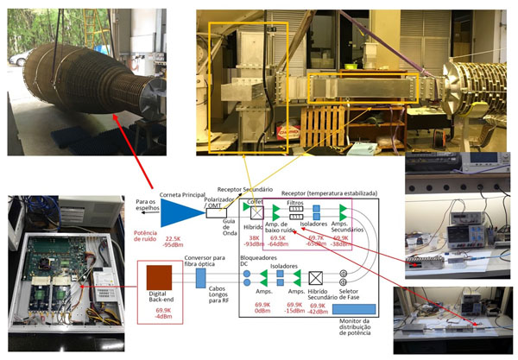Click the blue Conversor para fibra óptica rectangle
[x=199, y=277]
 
